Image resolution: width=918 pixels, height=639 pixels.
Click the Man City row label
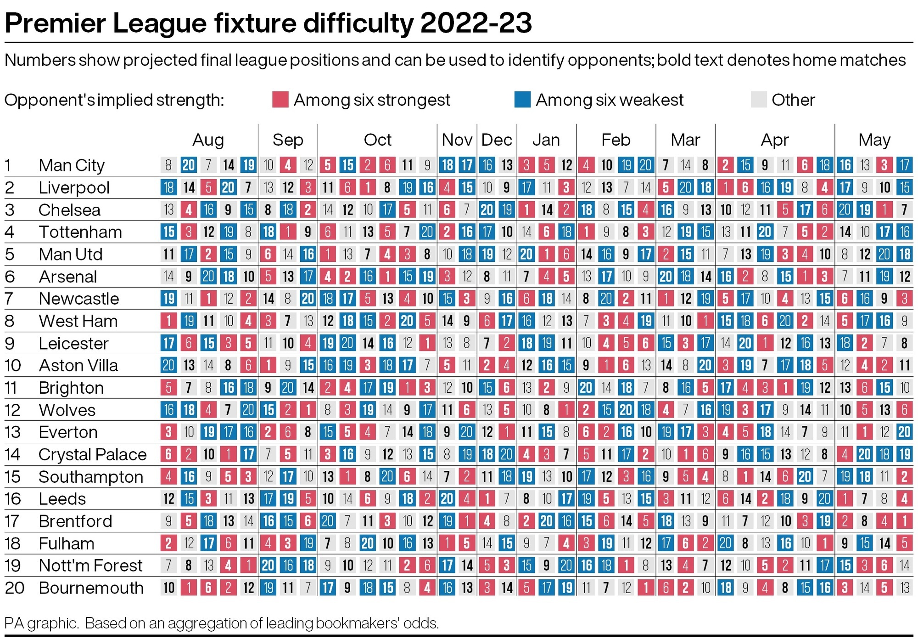[72, 165]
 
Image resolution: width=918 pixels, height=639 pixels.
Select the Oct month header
[377, 140]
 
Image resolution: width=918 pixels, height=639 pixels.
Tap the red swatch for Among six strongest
[280, 100]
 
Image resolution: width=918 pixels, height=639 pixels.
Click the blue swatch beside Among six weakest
[522, 100]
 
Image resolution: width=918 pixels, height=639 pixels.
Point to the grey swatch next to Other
[759, 100]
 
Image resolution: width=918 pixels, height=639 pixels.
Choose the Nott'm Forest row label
[90, 565]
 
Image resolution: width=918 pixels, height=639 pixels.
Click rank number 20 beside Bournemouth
[15, 588]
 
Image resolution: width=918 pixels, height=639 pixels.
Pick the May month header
[874, 140]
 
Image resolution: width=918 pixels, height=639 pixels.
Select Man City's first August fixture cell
[168, 165]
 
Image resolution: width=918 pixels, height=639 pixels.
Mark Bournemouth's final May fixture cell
[904, 588]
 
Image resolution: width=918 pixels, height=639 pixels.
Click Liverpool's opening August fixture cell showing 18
[168, 187]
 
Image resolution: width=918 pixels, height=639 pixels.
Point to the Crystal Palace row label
[92, 455]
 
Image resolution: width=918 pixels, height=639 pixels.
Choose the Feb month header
[616, 140]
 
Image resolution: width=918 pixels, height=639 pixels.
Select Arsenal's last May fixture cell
[904, 277]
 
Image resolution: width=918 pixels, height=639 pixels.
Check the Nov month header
[457, 140]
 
